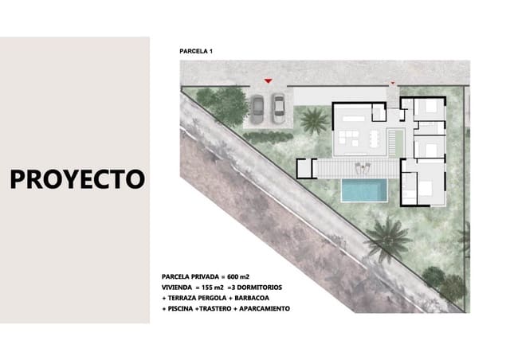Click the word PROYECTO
(x=77, y=178)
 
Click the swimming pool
(x=364, y=190)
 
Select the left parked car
(x=258, y=106)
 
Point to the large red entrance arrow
(x=269, y=80)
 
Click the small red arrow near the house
(x=392, y=82)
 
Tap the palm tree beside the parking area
(x=313, y=120)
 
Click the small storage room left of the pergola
(x=306, y=167)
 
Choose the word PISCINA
(x=179, y=308)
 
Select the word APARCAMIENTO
(x=264, y=308)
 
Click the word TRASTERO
(x=214, y=308)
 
